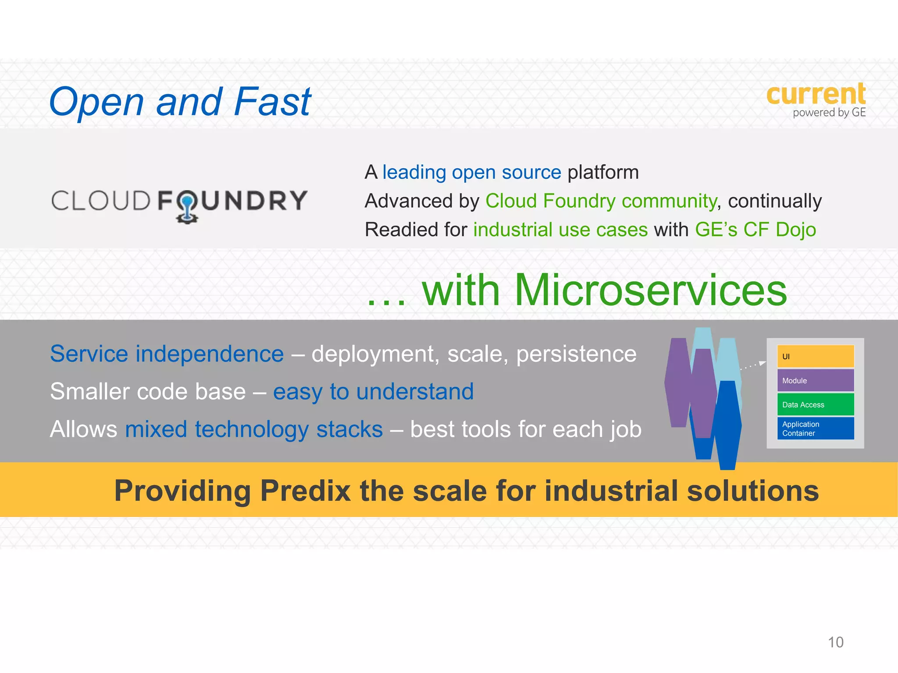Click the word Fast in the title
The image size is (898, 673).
272,102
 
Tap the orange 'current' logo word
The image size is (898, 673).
816,94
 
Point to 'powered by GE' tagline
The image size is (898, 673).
829,113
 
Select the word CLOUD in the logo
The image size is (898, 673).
101,201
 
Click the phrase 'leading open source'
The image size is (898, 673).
471,172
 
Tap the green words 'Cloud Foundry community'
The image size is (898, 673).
601,201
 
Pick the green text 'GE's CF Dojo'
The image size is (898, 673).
755,230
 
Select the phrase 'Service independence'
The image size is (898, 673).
167,354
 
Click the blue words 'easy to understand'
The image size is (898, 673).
373,391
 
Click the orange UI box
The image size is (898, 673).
815,356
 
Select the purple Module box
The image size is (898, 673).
815,380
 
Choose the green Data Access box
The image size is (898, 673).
815,404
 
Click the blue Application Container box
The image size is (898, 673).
815,429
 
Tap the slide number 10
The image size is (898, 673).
835,642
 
